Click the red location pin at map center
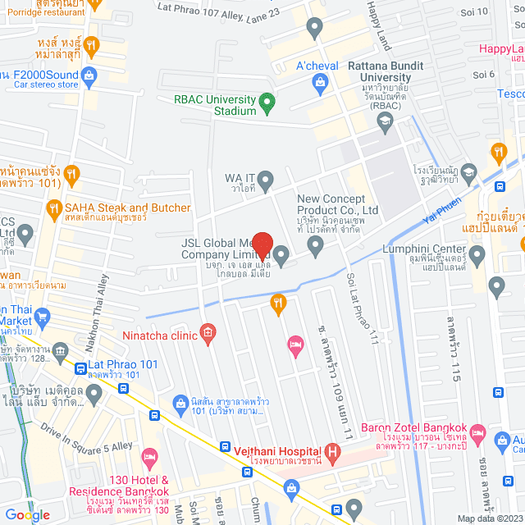coord(262,245)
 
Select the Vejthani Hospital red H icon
coord(332,450)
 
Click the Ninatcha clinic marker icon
coord(208,332)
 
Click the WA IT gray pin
coord(289,178)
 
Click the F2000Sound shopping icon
coord(89,75)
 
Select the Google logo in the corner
coord(27,514)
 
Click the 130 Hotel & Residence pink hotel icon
coord(149,455)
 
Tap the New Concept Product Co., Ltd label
coord(337,203)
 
